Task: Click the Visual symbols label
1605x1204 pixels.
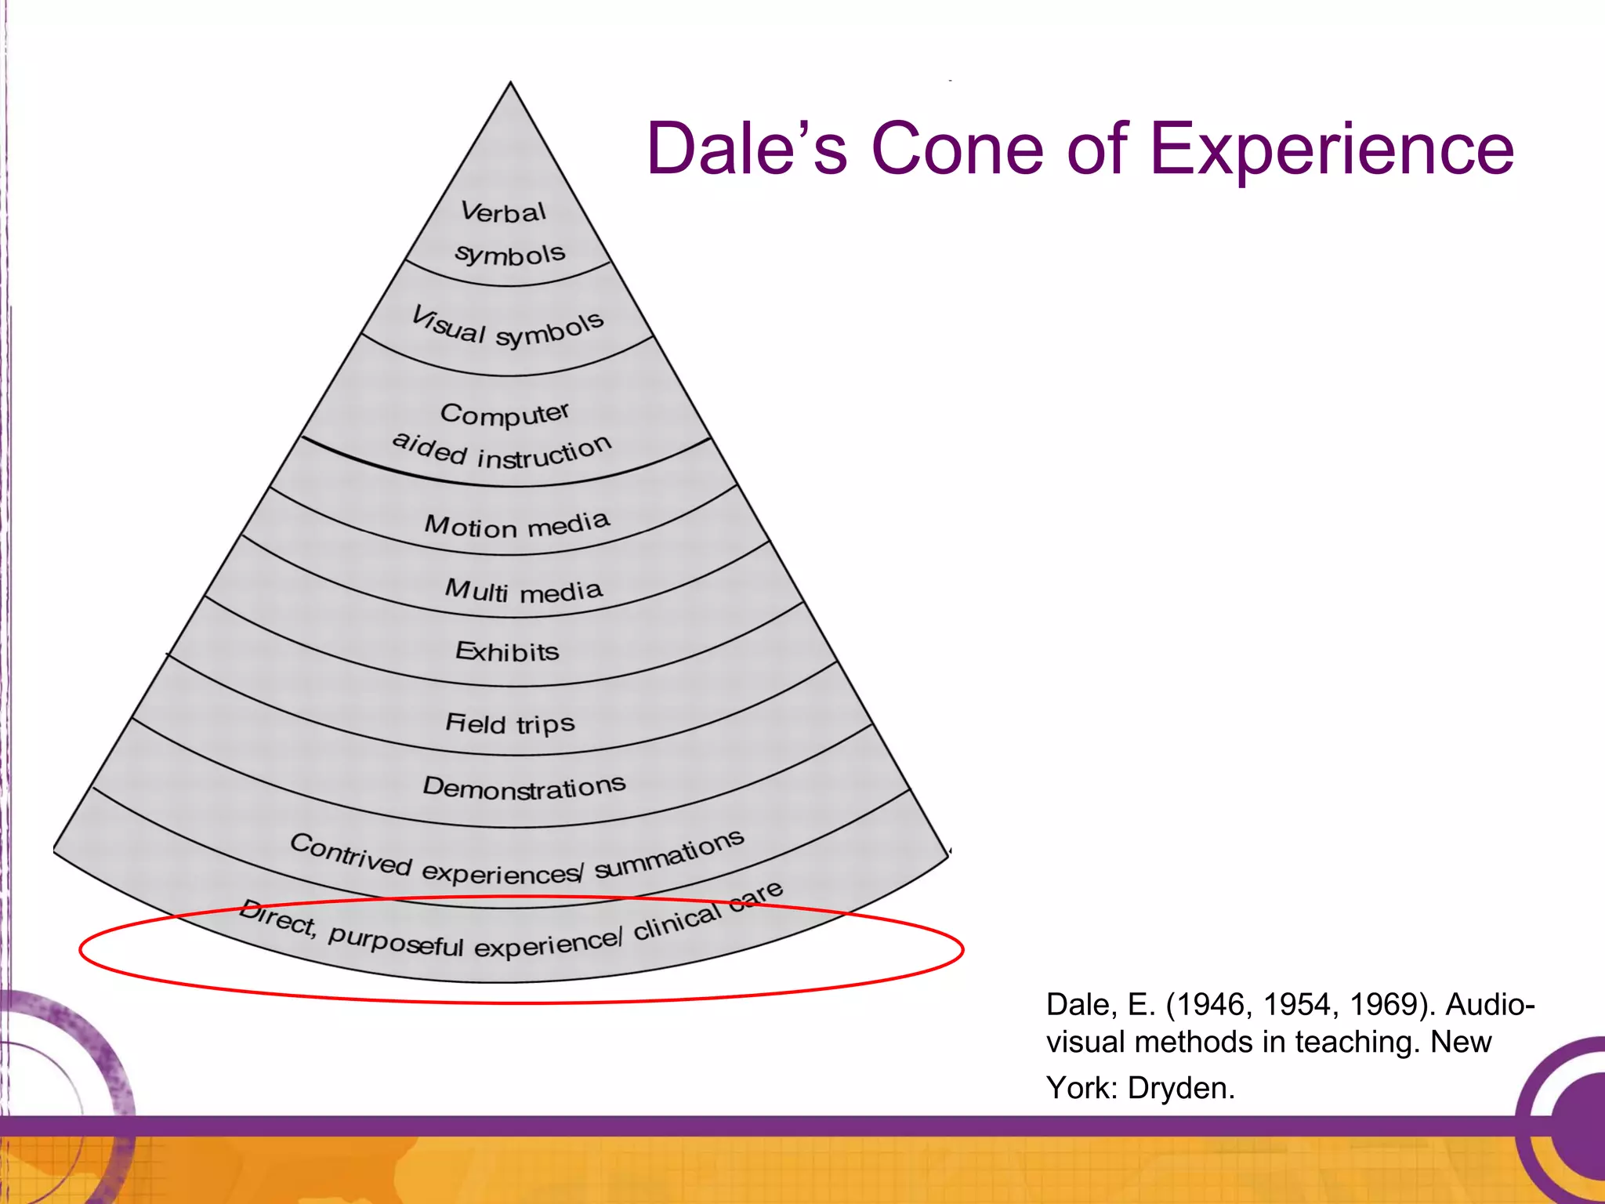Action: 508,328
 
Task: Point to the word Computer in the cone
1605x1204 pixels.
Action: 505,414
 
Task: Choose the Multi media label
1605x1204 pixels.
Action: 524,591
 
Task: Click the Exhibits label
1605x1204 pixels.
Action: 507,651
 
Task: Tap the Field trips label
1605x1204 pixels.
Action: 509,723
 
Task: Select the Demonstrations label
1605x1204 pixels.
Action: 524,787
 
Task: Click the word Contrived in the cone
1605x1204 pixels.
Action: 350,855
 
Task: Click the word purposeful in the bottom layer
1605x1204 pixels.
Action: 396,940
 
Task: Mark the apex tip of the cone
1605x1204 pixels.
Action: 510,83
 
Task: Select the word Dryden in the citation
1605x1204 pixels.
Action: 1181,1088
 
